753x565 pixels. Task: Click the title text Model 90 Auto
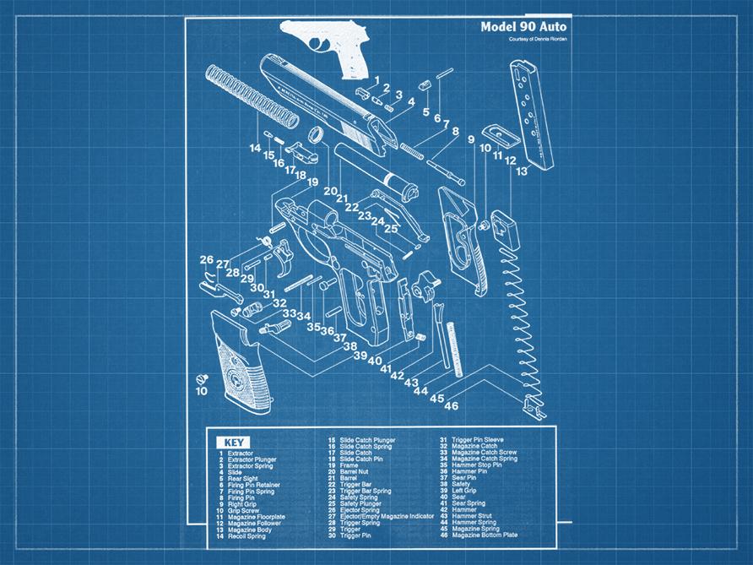coord(523,27)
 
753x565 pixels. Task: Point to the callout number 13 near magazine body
coord(523,171)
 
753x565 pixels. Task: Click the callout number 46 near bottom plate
coord(452,406)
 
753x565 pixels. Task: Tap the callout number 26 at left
coord(207,259)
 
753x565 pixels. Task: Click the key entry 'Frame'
coord(348,465)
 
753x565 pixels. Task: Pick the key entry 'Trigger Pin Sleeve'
coord(478,440)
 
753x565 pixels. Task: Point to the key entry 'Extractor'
coord(240,454)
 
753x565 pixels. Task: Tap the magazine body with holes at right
coord(530,110)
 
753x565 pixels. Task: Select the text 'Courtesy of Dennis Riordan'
coord(538,40)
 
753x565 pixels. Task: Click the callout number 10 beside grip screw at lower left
coord(201,391)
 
